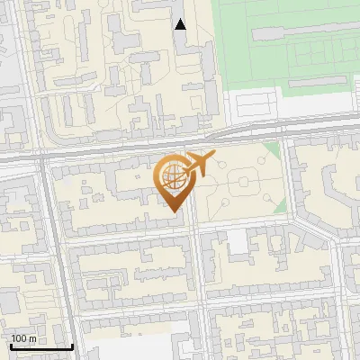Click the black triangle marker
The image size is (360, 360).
pos(181,24)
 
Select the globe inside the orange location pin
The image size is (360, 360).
pos(173,176)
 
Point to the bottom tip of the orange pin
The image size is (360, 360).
pos(173,212)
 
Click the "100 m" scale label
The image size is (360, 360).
pos(24,338)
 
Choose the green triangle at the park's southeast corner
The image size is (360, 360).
pos(280,208)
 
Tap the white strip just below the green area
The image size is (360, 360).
pos(288,108)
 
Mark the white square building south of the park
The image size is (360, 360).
pos(237,238)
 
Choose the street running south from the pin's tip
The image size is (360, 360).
pos(196,270)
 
